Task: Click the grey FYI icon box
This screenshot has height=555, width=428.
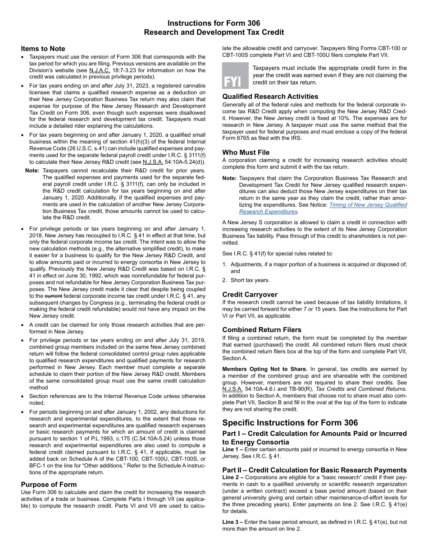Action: (235, 76)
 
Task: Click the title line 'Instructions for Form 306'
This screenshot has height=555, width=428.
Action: (214, 23)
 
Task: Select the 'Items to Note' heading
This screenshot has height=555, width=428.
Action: (43, 49)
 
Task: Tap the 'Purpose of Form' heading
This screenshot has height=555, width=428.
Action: (49, 484)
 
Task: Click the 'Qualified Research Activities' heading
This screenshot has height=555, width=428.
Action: (270, 97)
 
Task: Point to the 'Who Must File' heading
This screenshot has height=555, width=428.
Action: (246, 153)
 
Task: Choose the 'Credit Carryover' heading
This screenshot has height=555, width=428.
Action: (250, 295)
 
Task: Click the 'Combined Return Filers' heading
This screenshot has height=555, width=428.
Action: (262, 330)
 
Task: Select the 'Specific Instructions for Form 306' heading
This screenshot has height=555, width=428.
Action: (290, 423)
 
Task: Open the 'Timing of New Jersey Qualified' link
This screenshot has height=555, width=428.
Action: (368, 205)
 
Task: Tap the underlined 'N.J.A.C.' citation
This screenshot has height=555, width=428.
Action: (100, 70)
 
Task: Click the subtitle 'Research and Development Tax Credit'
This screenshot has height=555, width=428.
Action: (214, 32)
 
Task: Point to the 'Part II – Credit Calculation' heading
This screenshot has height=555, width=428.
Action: (314, 470)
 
